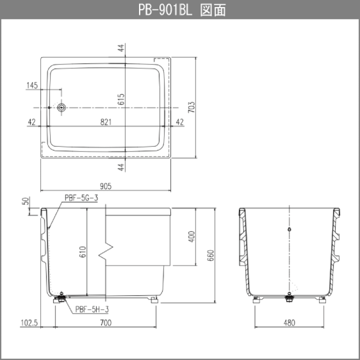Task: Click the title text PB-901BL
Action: point(165,9)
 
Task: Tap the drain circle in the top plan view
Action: point(61,107)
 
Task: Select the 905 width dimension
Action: point(105,186)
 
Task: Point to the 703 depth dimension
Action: point(191,107)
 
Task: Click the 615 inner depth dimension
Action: point(121,99)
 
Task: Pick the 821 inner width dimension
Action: point(106,122)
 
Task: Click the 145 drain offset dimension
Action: point(32,85)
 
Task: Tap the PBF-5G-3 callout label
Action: point(81,197)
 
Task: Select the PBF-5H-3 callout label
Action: point(92,309)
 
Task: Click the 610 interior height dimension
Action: point(82,251)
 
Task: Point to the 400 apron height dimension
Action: point(191,236)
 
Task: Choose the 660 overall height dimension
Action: point(210,255)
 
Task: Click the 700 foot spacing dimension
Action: point(106,323)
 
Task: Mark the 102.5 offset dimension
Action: point(29,323)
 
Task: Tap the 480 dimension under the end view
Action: point(289,323)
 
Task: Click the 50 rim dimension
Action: point(26,201)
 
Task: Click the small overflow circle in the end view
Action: point(289,229)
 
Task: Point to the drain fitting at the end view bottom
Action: point(289,297)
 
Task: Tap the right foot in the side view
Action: point(153,300)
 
